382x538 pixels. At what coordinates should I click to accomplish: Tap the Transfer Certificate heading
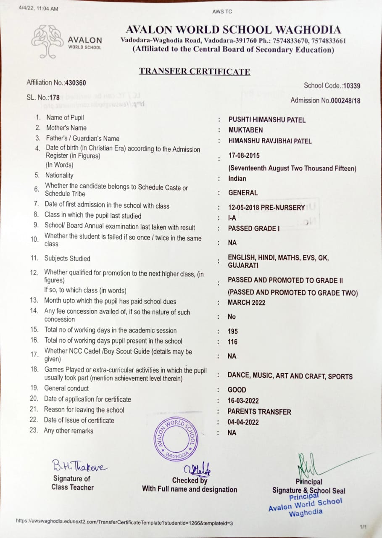point(195,71)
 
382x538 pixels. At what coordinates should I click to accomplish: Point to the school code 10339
point(352,86)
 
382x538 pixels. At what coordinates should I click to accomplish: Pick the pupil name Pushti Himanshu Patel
point(267,120)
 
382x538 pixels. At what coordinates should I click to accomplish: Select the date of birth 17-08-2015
point(244,156)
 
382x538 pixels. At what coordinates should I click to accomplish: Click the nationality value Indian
point(237,179)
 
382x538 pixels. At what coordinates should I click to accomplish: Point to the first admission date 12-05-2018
point(242,208)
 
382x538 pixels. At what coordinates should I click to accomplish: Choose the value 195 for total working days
point(233,331)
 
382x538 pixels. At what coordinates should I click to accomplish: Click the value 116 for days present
point(233,342)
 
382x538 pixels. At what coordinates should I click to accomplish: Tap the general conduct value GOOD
point(237,390)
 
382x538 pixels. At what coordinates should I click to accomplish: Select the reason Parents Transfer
point(259,412)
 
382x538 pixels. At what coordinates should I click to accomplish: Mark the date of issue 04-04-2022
point(243,422)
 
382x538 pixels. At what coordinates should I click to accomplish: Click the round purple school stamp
point(175,439)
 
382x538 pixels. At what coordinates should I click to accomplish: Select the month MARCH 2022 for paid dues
point(247,303)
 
